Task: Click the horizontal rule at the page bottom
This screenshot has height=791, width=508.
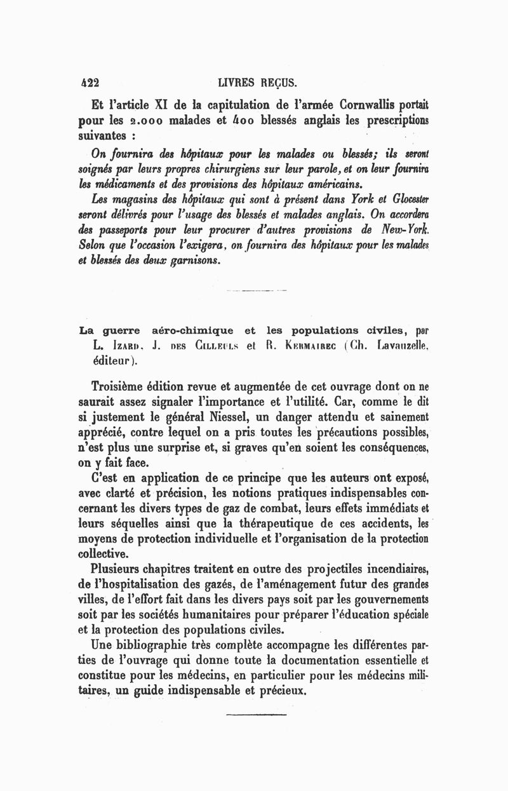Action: click(256, 715)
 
